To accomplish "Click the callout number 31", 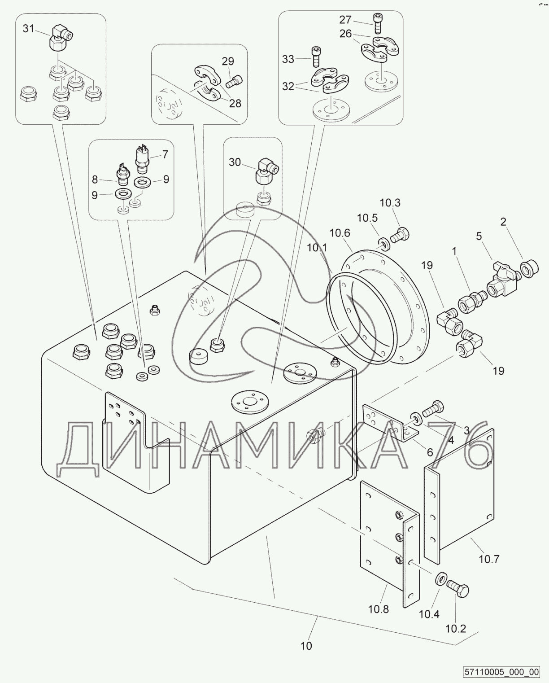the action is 29,29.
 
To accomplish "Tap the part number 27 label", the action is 345,20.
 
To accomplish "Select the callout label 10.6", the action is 340,233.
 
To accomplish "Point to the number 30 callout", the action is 235,162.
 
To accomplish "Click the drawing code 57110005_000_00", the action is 502,671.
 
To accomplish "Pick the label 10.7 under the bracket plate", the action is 489,559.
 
